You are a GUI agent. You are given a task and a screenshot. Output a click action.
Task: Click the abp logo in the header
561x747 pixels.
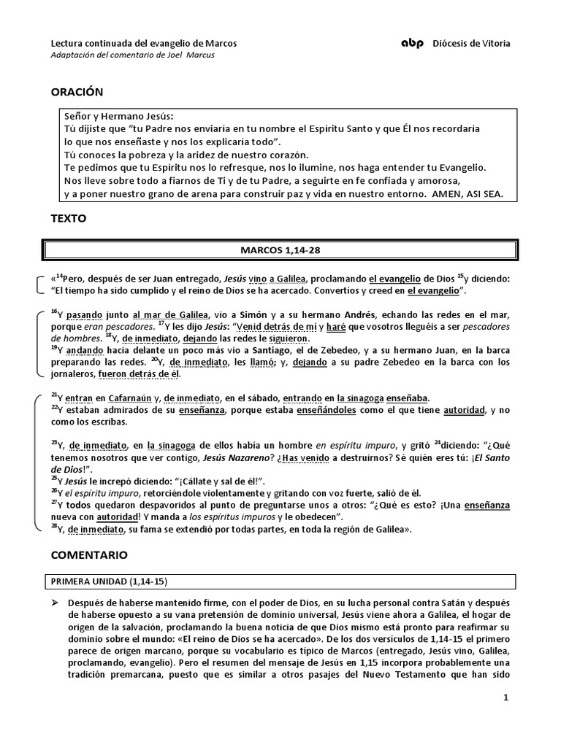click(412, 44)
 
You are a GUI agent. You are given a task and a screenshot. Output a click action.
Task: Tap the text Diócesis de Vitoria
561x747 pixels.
click(472, 44)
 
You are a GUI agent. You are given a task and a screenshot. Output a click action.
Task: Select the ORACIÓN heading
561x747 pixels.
click(77, 92)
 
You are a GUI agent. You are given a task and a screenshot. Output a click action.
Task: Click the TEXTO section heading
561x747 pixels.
click(69, 218)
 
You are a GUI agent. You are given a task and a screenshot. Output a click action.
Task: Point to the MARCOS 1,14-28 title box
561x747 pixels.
click(280, 250)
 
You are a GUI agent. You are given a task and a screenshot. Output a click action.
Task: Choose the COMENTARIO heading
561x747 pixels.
click(89, 555)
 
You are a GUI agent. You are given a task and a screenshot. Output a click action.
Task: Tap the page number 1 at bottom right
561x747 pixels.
click(505, 697)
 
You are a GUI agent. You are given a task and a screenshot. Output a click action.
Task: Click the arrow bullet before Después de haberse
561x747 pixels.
click(55, 603)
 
